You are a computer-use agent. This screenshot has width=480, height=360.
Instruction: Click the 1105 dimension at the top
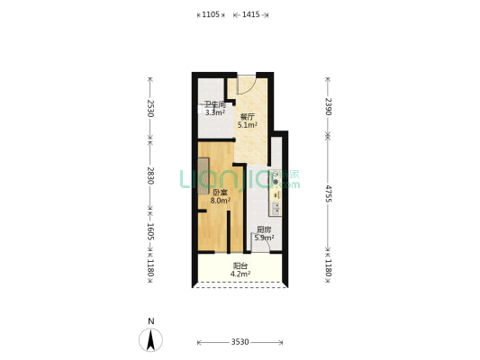[x=211, y=14]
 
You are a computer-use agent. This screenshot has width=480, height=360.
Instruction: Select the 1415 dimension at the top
[x=250, y=14]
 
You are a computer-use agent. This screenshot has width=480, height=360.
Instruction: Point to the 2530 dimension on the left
[x=150, y=108]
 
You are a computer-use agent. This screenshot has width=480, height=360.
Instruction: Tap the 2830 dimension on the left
[x=150, y=175]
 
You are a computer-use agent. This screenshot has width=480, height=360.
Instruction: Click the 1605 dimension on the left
[x=150, y=231]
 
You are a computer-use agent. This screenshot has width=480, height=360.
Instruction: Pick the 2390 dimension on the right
[x=328, y=106]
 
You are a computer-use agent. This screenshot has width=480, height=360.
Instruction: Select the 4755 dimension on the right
[x=328, y=193]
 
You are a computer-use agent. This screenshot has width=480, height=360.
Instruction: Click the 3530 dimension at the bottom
[x=240, y=342]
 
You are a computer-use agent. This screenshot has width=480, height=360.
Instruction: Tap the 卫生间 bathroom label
[x=215, y=105]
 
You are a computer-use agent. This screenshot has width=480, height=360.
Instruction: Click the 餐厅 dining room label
[x=248, y=117]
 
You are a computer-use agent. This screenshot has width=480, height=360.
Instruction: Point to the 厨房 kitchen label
[x=264, y=229]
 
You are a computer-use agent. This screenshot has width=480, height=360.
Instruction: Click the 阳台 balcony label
[x=240, y=266]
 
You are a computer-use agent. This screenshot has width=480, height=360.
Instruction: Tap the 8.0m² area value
[x=220, y=201]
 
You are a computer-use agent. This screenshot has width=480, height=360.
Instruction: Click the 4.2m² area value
[x=240, y=274]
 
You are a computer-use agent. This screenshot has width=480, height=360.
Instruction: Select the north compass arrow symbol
[x=150, y=340]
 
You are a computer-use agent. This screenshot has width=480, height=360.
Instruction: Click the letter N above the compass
[x=151, y=321]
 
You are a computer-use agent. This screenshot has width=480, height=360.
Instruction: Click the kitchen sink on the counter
[x=276, y=209]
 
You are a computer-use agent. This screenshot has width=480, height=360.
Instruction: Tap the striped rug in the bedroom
[x=204, y=175]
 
